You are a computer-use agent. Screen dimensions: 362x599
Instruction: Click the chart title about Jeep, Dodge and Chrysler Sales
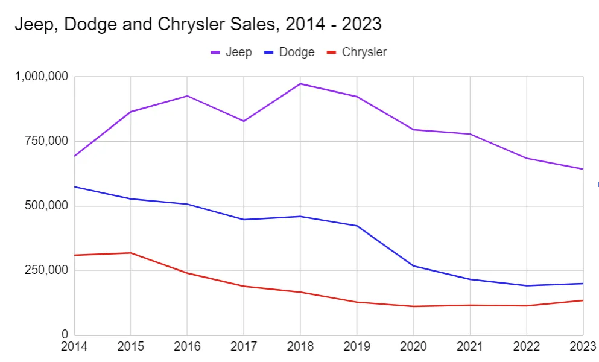(198, 24)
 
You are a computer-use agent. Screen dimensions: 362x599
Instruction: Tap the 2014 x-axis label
(74, 347)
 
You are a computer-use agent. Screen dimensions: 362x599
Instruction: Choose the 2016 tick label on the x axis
(187, 347)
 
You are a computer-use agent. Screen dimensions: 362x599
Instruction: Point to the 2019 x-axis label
(357, 347)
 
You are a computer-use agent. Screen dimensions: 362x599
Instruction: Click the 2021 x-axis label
(470, 347)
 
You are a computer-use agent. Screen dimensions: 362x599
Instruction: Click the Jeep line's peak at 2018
(300, 84)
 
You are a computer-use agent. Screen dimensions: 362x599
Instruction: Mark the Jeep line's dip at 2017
(244, 121)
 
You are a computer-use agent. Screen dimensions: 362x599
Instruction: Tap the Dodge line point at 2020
(414, 266)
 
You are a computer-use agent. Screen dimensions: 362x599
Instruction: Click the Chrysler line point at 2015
(131, 253)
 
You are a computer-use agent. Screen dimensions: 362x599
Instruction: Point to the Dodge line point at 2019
(357, 226)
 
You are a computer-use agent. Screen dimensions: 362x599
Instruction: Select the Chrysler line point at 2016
(187, 273)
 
